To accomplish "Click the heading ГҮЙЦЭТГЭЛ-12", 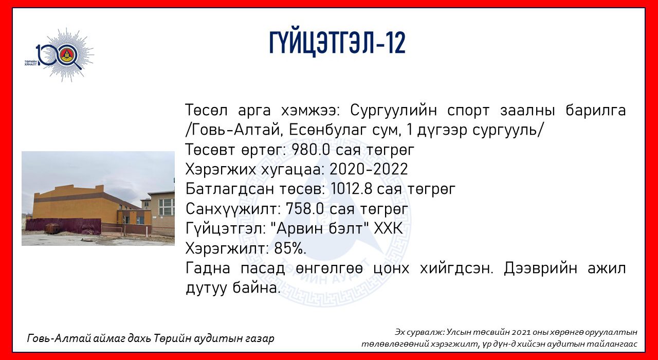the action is [x=337, y=43].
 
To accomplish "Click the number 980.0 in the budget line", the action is [x=312, y=150].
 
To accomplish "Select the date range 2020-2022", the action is [x=369, y=169].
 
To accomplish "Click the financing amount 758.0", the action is [x=305, y=209].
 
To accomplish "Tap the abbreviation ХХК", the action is [x=388, y=228].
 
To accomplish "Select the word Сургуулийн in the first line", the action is [x=393, y=111].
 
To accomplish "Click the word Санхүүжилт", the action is [x=233, y=209].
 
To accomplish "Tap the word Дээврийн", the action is [x=540, y=268].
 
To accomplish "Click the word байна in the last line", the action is [x=255, y=287].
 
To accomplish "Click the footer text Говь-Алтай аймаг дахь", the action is [x=89, y=338].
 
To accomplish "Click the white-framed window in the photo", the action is [x=166, y=207].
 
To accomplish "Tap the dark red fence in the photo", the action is [x=63, y=226].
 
